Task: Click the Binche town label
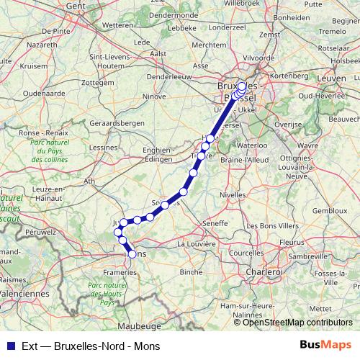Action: click(191, 272)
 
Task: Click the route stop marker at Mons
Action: click(132, 253)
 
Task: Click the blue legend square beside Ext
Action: click(8, 344)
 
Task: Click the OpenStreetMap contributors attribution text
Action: click(297, 323)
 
